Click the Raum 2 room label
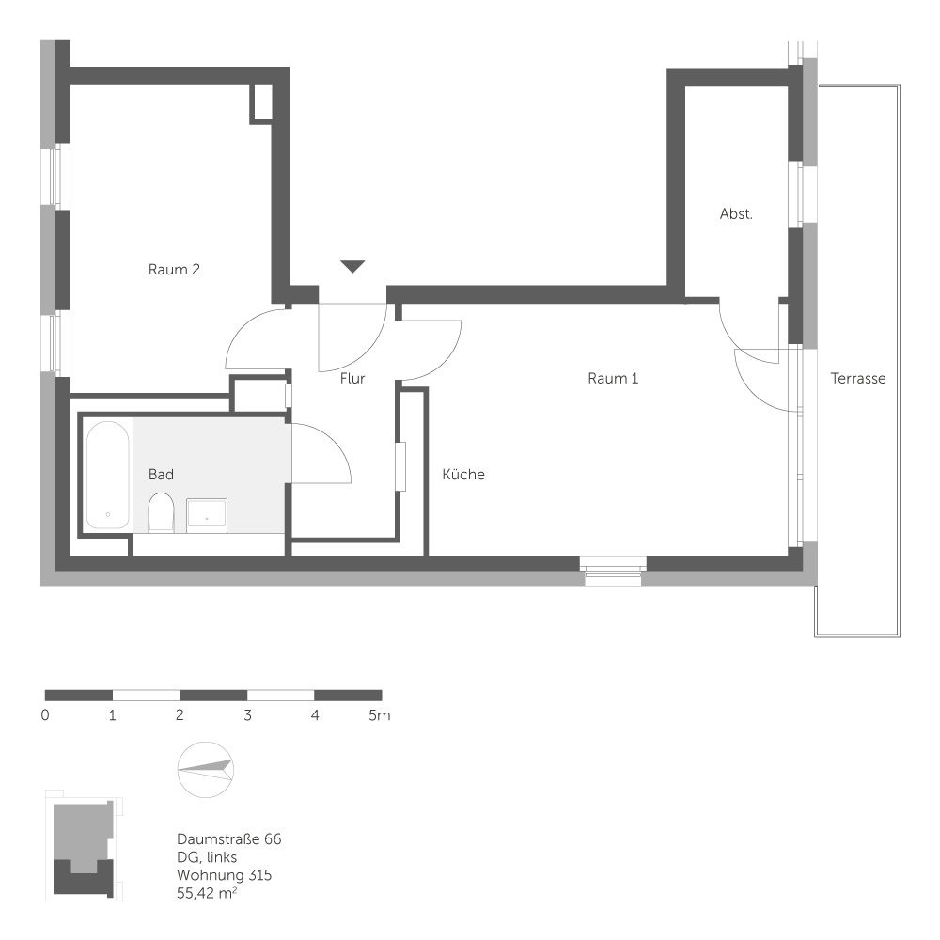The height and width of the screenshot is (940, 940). [x=174, y=270]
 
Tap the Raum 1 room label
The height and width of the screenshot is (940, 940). [x=613, y=379]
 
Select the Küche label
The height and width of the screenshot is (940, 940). [x=463, y=475]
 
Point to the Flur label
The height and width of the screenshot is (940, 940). [x=352, y=379]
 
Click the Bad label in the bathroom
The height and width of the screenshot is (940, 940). [x=161, y=475]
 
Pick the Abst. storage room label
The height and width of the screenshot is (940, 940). [x=736, y=214]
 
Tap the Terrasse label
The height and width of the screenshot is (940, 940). [x=858, y=379]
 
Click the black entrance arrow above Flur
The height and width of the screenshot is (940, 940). [x=352, y=267]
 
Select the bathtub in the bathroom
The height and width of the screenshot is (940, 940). [x=107, y=475]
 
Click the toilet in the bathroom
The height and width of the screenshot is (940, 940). [x=162, y=511]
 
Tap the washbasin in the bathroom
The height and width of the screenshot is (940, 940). [x=207, y=513]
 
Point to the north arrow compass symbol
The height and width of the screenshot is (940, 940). [x=206, y=769]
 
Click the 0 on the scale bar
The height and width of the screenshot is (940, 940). [x=45, y=716]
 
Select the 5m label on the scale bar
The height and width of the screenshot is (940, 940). [x=379, y=716]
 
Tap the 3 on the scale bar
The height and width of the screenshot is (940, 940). [x=247, y=716]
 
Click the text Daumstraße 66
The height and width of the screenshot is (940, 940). [x=228, y=838]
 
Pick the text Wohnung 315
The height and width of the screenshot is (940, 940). [x=224, y=875]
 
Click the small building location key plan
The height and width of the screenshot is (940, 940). [x=84, y=846]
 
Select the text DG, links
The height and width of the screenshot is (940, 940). [x=207, y=857]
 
